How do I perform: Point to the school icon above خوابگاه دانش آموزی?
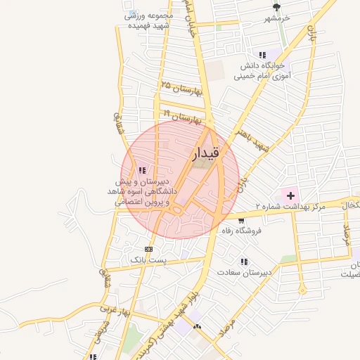[262, 55]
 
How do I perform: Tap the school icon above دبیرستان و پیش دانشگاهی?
[142, 170]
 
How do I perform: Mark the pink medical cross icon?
[290, 194]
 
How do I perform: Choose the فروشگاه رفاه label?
[241, 231]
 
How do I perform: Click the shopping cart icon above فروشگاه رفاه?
[242, 220]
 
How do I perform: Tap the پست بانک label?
[148, 260]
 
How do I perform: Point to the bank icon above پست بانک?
[148, 249]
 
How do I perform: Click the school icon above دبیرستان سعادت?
[244, 262]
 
